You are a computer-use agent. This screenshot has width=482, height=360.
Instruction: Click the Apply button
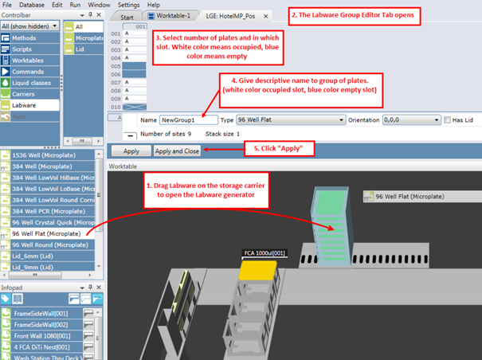pyautogui.click(x=131, y=151)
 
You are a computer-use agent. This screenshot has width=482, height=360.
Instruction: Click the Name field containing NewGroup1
pyautogui.click(x=188, y=119)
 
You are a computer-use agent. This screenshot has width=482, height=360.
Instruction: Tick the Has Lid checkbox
pyautogui.click(x=446, y=119)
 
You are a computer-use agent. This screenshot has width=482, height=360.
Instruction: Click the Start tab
pyautogui.click(x=126, y=16)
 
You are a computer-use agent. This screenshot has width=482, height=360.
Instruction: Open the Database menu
pyautogui.click(x=32, y=5)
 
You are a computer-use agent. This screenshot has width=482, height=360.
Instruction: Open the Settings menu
pyautogui.click(x=128, y=5)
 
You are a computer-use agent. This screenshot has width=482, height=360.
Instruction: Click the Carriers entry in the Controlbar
pyautogui.click(x=25, y=93)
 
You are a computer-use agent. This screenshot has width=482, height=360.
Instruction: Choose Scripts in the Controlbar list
pyautogui.click(x=22, y=49)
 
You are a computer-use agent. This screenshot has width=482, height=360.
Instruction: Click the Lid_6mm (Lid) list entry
pyautogui.click(x=37, y=256)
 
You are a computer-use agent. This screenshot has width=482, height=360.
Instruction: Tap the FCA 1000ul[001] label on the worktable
pyautogui.click(x=263, y=252)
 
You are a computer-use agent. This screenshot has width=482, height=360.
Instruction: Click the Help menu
pyautogui.click(x=153, y=5)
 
